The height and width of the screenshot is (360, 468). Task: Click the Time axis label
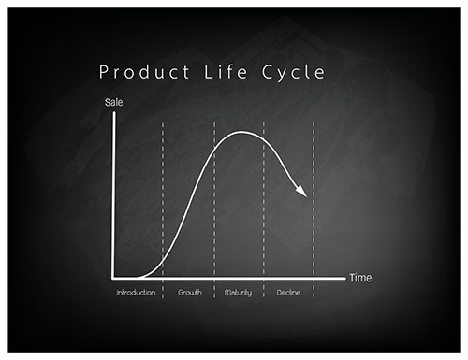pos(360,278)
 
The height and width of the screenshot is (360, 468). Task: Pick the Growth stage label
pos(189,294)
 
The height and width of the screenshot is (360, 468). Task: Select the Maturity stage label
pos(239,294)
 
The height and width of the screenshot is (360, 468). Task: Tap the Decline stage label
pos(288,294)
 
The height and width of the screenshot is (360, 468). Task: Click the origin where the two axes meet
pos(113,278)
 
